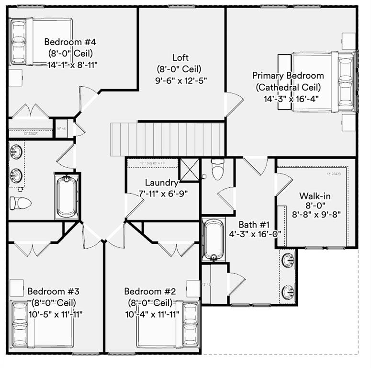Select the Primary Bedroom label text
tap(288, 75)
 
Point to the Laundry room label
tap(162, 183)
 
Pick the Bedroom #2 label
tap(150, 291)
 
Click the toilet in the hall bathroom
tap(20, 203)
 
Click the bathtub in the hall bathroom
tap(67, 196)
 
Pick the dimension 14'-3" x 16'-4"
tap(291, 99)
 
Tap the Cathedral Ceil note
tap(288, 87)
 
